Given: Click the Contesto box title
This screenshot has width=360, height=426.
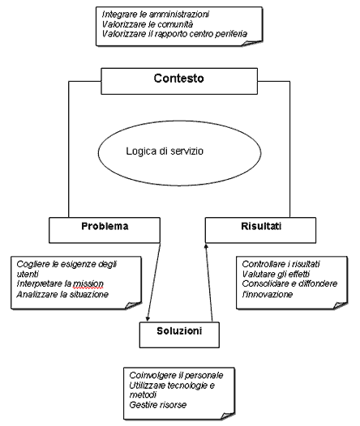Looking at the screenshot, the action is (x=178, y=79).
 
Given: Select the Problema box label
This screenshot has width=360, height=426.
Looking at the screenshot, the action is (x=105, y=226).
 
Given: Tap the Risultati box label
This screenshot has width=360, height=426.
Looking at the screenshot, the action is (x=261, y=226).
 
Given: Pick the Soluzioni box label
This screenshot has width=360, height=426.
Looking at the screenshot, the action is (x=179, y=331).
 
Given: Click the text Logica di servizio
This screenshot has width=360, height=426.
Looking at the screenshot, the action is (x=165, y=151).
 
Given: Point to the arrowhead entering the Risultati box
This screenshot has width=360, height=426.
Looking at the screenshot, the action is (x=206, y=245).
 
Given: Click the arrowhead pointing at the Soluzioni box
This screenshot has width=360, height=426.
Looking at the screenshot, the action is (x=148, y=318).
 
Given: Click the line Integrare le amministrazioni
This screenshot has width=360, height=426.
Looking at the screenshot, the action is (x=156, y=14).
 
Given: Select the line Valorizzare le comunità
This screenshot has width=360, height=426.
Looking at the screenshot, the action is (x=148, y=24).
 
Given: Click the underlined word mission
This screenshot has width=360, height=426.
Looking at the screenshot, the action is (x=88, y=284).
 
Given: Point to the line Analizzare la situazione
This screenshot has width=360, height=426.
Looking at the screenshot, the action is (x=62, y=294).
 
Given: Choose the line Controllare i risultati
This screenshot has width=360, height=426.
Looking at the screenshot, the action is (x=281, y=264).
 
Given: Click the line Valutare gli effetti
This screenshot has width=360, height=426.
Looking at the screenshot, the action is (x=276, y=274).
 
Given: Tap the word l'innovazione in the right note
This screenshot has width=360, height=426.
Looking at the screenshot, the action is (x=268, y=294).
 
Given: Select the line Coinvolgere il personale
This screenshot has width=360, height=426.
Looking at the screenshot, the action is (x=176, y=375).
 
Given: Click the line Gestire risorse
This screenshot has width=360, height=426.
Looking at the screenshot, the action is (x=158, y=405).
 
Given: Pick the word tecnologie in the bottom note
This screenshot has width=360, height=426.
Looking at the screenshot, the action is (x=187, y=386).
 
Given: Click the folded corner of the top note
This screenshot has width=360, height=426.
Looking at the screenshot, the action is (x=252, y=44).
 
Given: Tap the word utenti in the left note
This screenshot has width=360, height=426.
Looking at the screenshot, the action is (x=28, y=274).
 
